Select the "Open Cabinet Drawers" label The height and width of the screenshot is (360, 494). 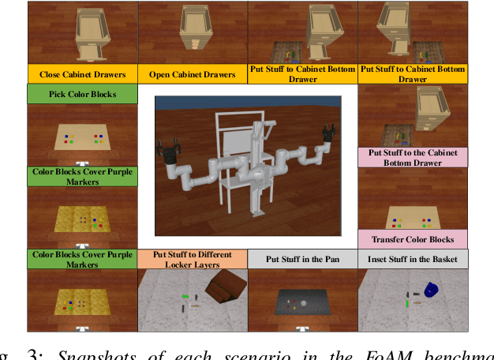[193, 75]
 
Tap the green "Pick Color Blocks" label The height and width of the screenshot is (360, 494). [82, 95]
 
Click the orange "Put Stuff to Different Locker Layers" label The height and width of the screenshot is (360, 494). [193, 259]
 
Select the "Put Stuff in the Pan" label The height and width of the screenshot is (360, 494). [302, 259]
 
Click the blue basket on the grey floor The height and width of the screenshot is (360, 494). [432, 291]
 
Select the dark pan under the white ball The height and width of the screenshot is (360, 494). [302, 304]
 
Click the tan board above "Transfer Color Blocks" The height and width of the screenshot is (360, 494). [410, 218]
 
